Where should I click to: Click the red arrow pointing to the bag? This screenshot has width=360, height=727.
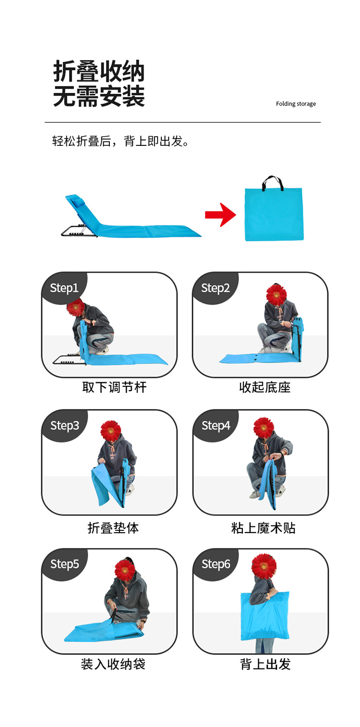pyautogui.click(x=220, y=215)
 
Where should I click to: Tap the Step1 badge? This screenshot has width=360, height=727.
pyautogui.click(x=64, y=288)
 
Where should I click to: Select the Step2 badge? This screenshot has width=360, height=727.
pyautogui.click(x=215, y=288)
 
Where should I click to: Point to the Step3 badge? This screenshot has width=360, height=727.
pyautogui.click(x=65, y=426)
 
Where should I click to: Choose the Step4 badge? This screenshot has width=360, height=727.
pyautogui.click(x=216, y=426)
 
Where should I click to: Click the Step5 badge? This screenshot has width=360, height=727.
pyautogui.click(x=65, y=564)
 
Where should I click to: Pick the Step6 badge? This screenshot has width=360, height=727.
pyautogui.click(x=216, y=564)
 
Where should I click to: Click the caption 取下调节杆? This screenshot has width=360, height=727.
pyautogui.click(x=114, y=387)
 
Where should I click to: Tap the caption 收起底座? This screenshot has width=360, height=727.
pyautogui.click(x=265, y=387)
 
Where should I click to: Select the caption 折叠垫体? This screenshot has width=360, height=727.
pyautogui.click(x=113, y=528)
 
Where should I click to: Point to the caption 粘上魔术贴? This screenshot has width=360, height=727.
pyautogui.click(x=263, y=528)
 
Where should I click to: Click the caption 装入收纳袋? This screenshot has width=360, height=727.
pyautogui.click(x=113, y=664)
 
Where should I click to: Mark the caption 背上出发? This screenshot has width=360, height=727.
pyautogui.click(x=265, y=664)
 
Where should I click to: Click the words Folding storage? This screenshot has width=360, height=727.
pyautogui.click(x=296, y=104)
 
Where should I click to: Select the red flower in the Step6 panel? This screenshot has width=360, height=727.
pyautogui.click(x=264, y=567)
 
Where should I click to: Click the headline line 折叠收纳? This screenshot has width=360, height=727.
pyautogui.click(x=99, y=71)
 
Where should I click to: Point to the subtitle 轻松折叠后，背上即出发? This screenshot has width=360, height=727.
pyautogui.click(x=120, y=142)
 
